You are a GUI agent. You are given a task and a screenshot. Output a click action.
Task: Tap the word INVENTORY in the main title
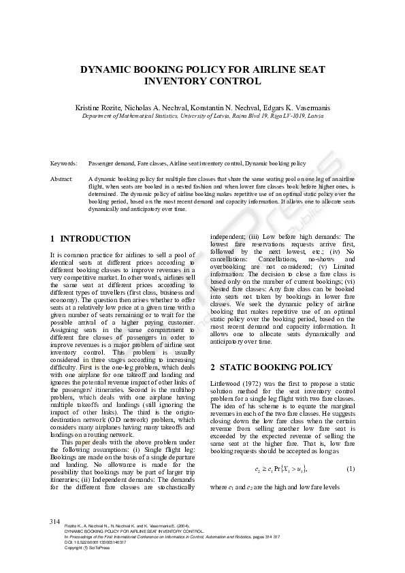pyautogui.click(x=178, y=81)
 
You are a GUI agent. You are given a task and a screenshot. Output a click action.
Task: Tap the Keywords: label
pyautogui.click(x=63, y=164)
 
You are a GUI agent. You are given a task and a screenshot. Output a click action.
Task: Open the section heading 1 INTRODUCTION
pyautogui.click(x=91, y=239)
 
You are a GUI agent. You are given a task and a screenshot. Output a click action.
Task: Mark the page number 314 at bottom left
pyautogui.click(x=55, y=521)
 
